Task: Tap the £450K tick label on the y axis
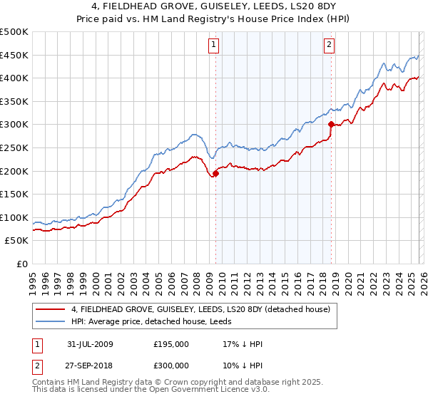pyautogui.click(x=14, y=55)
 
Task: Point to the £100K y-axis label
pyautogui.click(x=14, y=217)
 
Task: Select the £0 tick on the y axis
pyautogui.click(x=21, y=264)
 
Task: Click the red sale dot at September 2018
pyautogui.click(x=331, y=124)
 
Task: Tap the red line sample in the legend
pyautogui.click(x=51, y=310)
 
